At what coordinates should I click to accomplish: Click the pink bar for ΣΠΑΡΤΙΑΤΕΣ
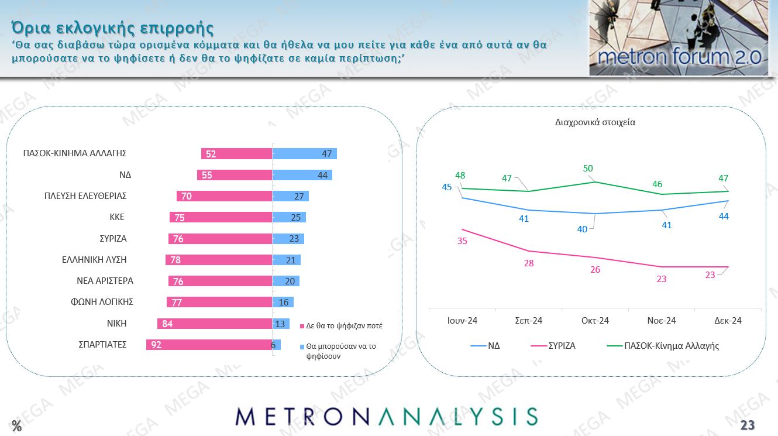coord(209,345)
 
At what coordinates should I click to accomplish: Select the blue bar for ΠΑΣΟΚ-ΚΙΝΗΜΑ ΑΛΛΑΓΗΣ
coord(304,154)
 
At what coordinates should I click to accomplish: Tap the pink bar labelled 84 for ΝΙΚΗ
coord(214,324)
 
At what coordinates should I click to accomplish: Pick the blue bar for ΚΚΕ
coord(289,217)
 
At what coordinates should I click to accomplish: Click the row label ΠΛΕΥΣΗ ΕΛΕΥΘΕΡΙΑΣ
coord(86,196)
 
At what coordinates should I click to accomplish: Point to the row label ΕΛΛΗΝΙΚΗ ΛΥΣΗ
coord(94,259)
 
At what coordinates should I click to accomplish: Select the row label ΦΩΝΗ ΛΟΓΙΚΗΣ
coord(98,302)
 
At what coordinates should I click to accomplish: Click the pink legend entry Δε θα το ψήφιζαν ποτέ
coord(344,326)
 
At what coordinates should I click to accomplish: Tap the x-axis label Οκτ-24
coord(595,320)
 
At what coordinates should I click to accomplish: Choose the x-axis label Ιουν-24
coord(462,320)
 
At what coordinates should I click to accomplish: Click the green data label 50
coord(588,169)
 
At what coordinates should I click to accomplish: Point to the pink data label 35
coord(462,241)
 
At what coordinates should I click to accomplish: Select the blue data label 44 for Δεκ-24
coord(724,216)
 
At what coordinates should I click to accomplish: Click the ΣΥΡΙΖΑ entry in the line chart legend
coord(562,346)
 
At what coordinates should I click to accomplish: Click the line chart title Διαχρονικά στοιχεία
coord(595,123)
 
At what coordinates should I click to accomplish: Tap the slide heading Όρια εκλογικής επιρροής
coord(112,28)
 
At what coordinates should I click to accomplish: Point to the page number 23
coord(748,425)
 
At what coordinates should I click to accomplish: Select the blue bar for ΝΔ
coord(302,175)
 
